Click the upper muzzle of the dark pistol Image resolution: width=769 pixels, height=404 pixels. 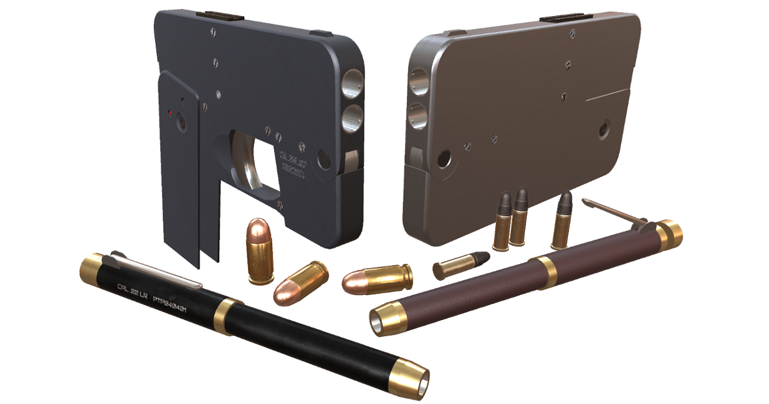(351, 83)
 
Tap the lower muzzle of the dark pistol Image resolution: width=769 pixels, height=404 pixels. (351, 117)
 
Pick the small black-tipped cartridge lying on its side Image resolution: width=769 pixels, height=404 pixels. (461, 264)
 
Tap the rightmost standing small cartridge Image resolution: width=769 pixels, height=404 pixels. (562, 221)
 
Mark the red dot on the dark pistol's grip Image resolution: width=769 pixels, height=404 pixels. (170, 114)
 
